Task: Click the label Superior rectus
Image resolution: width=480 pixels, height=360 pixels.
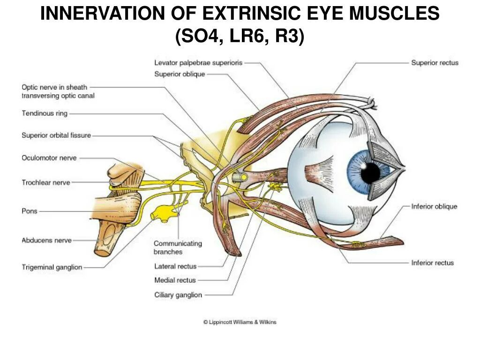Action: (x=435, y=62)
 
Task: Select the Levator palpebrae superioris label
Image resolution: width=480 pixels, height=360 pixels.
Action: (x=198, y=62)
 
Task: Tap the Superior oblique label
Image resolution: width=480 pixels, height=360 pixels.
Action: (x=180, y=74)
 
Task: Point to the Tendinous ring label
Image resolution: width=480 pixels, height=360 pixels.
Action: (x=45, y=113)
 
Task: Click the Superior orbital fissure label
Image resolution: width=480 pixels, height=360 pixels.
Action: (x=56, y=135)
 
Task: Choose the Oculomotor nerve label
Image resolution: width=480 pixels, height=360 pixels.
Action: (x=49, y=158)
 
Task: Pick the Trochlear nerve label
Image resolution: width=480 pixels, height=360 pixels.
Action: (x=46, y=182)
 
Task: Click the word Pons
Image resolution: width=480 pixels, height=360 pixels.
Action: (x=30, y=211)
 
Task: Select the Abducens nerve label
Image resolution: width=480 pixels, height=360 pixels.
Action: (x=46, y=240)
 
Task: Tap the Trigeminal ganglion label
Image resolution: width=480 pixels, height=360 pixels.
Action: (x=52, y=267)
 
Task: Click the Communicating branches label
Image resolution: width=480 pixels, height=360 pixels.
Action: (x=178, y=247)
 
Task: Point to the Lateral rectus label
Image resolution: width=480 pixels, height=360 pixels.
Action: (x=175, y=266)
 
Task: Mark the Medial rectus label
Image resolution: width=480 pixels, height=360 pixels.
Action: (x=175, y=280)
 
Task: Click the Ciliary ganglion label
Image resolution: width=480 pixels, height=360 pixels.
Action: (x=178, y=295)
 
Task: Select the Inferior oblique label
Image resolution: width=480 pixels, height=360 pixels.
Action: (x=434, y=206)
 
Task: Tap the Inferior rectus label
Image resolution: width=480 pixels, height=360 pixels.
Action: (x=432, y=262)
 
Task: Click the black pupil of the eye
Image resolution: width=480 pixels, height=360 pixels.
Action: (x=370, y=173)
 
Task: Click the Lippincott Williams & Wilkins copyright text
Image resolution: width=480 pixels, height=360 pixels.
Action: (x=240, y=322)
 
